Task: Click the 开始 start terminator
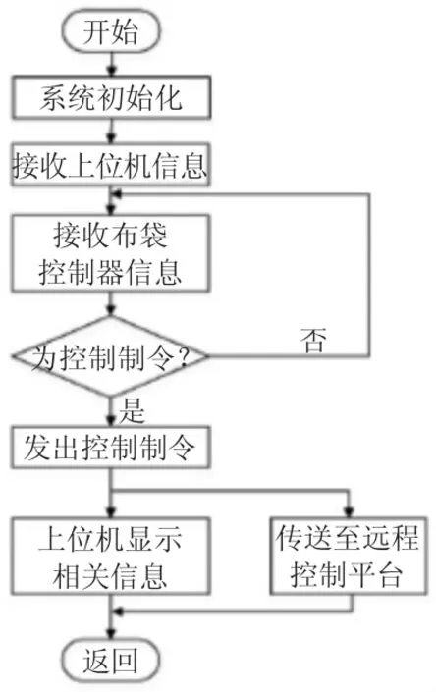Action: tap(111, 30)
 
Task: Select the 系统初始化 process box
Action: tap(111, 97)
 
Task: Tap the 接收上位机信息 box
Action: tap(110, 165)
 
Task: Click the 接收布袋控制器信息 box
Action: tap(110, 253)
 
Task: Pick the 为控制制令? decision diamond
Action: tap(110, 356)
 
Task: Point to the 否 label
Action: tap(314, 341)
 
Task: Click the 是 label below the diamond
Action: tap(132, 410)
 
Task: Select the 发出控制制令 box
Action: tap(110, 447)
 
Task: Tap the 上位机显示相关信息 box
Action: tap(110, 557)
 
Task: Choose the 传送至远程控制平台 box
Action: tap(349, 557)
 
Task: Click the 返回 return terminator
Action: tap(111, 661)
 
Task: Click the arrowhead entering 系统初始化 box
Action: tap(111, 71)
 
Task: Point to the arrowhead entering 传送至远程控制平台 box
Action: tap(349, 512)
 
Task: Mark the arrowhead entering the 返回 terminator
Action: tap(111, 634)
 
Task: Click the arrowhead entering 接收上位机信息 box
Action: tap(111, 138)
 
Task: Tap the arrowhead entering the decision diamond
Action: tap(111, 311)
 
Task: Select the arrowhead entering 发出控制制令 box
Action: tap(111, 421)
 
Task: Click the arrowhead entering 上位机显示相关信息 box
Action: tap(111, 512)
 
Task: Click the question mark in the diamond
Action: tap(183, 356)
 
